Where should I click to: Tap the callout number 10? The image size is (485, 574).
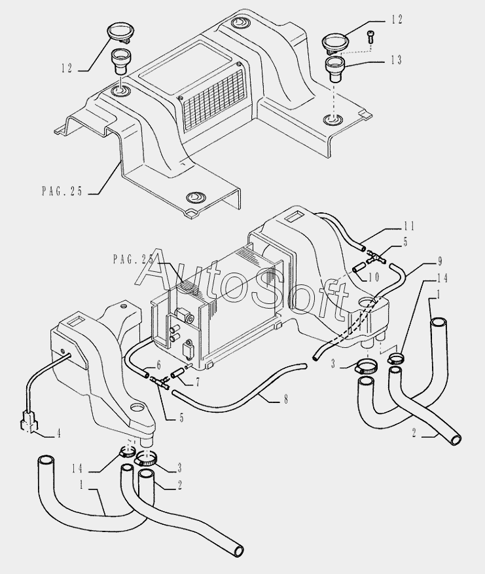372,277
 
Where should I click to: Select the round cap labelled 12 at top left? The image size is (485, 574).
118,31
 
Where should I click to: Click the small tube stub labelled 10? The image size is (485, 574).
357,267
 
